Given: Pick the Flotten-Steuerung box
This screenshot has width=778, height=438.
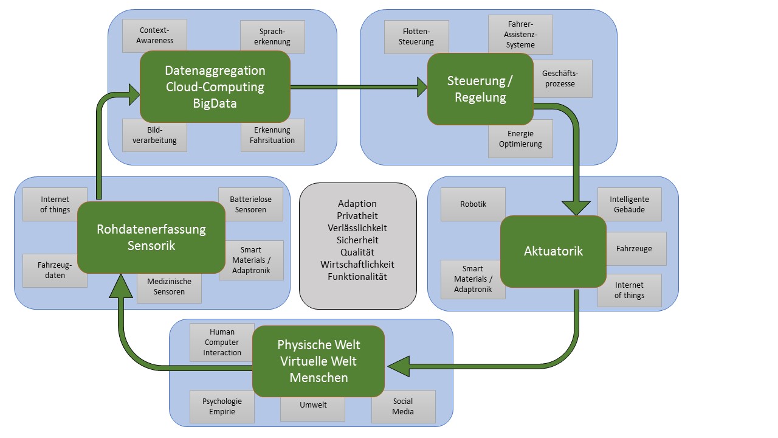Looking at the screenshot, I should (416, 36).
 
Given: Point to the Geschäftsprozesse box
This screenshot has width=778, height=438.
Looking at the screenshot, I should (562, 78).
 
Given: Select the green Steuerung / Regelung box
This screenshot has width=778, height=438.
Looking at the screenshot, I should (480, 89).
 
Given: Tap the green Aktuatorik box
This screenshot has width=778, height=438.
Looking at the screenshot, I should (553, 251).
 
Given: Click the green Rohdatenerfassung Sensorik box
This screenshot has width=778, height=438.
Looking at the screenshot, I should (151, 237).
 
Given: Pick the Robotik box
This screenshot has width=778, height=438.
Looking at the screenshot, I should (473, 204).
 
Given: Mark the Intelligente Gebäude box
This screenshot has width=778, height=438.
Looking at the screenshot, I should (629, 204).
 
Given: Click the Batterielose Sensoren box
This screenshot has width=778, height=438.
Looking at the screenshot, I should (250, 204).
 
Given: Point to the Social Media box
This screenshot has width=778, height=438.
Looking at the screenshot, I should (403, 406).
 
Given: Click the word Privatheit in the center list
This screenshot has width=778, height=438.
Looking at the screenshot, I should (357, 216).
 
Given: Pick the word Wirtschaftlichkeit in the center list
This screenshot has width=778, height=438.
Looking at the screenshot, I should (357, 265).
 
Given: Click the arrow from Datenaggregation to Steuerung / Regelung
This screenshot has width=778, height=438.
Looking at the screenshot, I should (359, 86).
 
